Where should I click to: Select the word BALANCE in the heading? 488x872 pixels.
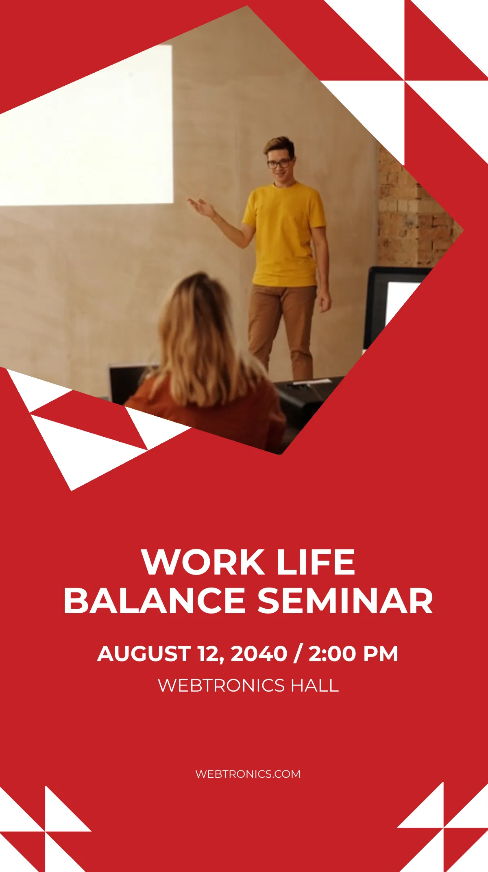(155, 601)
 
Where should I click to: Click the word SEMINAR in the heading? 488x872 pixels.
(345, 601)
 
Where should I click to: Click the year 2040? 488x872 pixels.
(259, 654)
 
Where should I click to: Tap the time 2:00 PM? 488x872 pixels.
(353, 654)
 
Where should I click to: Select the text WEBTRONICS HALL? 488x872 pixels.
(248, 685)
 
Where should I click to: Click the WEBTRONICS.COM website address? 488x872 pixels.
(248, 774)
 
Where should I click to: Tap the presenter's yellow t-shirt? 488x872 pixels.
(285, 234)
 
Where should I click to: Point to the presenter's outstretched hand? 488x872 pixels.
(200, 206)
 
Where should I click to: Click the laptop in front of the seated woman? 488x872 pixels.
(126, 382)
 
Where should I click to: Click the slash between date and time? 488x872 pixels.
(298, 654)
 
